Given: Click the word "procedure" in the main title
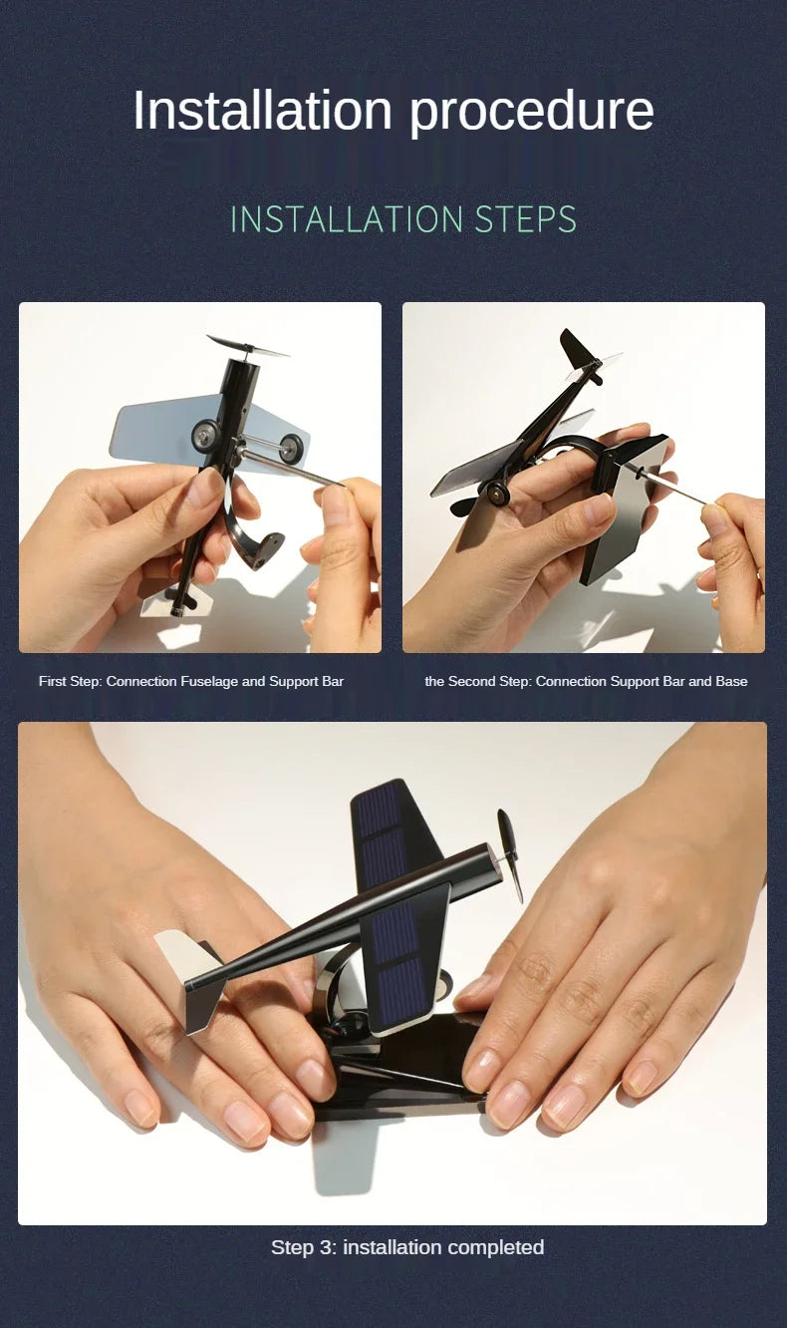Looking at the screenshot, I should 531,112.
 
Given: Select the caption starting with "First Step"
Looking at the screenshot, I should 191,681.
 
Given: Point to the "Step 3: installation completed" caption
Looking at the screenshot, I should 407,1247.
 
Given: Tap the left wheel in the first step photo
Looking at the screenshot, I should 206,435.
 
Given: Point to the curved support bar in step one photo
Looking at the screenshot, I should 248,529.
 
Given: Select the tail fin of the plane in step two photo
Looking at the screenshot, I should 578,351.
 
